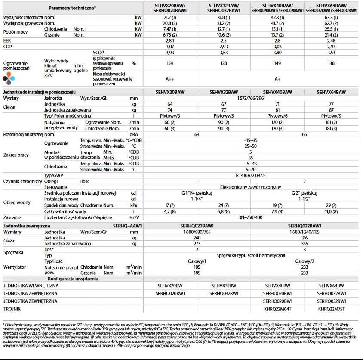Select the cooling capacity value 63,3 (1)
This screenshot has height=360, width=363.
pyautogui.click(x=331, y=17)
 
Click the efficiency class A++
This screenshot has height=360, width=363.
pyautogui.click(x=170, y=79)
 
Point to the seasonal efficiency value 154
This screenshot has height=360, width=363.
pyautogui.click(x=170, y=63)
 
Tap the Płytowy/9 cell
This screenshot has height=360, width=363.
pyautogui.click(x=331, y=116)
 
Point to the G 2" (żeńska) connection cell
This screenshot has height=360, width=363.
pyautogui.click(x=304, y=193)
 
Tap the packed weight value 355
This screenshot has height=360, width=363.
pyautogui.click(x=305, y=243)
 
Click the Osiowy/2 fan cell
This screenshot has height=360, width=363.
pyautogui.click(x=305, y=261)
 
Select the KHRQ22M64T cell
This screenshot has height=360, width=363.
pyautogui.click(x=277, y=309)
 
